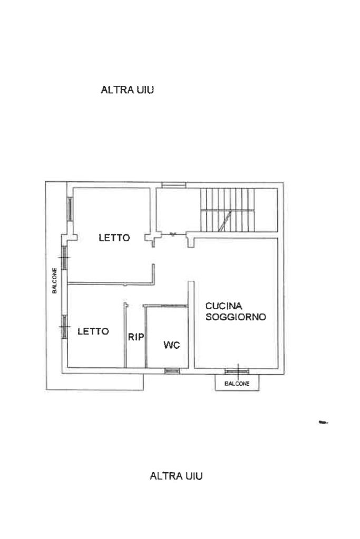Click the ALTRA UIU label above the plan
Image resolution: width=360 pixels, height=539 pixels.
(x=127, y=90)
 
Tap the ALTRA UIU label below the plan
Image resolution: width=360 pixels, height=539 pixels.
(x=176, y=476)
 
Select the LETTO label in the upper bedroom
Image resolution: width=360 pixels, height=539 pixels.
(x=114, y=238)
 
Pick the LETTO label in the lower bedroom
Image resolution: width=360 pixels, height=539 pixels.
(x=93, y=331)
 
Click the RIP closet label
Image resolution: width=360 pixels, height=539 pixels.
(x=136, y=337)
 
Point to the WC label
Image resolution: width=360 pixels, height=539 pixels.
(x=172, y=345)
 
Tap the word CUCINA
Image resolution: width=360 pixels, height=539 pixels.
(x=224, y=306)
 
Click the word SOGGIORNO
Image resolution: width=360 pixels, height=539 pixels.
(x=236, y=317)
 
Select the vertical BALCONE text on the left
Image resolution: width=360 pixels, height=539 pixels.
(x=54, y=280)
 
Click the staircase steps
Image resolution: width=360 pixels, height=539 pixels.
(x=228, y=210)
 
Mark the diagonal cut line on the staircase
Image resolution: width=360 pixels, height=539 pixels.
(x=226, y=221)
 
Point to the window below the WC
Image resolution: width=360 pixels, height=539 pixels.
(x=172, y=370)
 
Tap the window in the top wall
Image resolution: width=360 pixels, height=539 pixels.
(x=174, y=185)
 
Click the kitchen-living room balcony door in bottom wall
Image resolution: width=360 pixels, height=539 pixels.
(x=237, y=371)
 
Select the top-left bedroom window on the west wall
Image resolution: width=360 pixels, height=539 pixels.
(x=70, y=209)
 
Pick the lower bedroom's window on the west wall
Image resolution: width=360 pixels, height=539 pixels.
(x=64, y=327)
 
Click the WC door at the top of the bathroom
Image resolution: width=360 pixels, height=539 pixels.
(x=174, y=305)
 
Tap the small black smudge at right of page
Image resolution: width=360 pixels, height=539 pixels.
(x=323, y=422)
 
